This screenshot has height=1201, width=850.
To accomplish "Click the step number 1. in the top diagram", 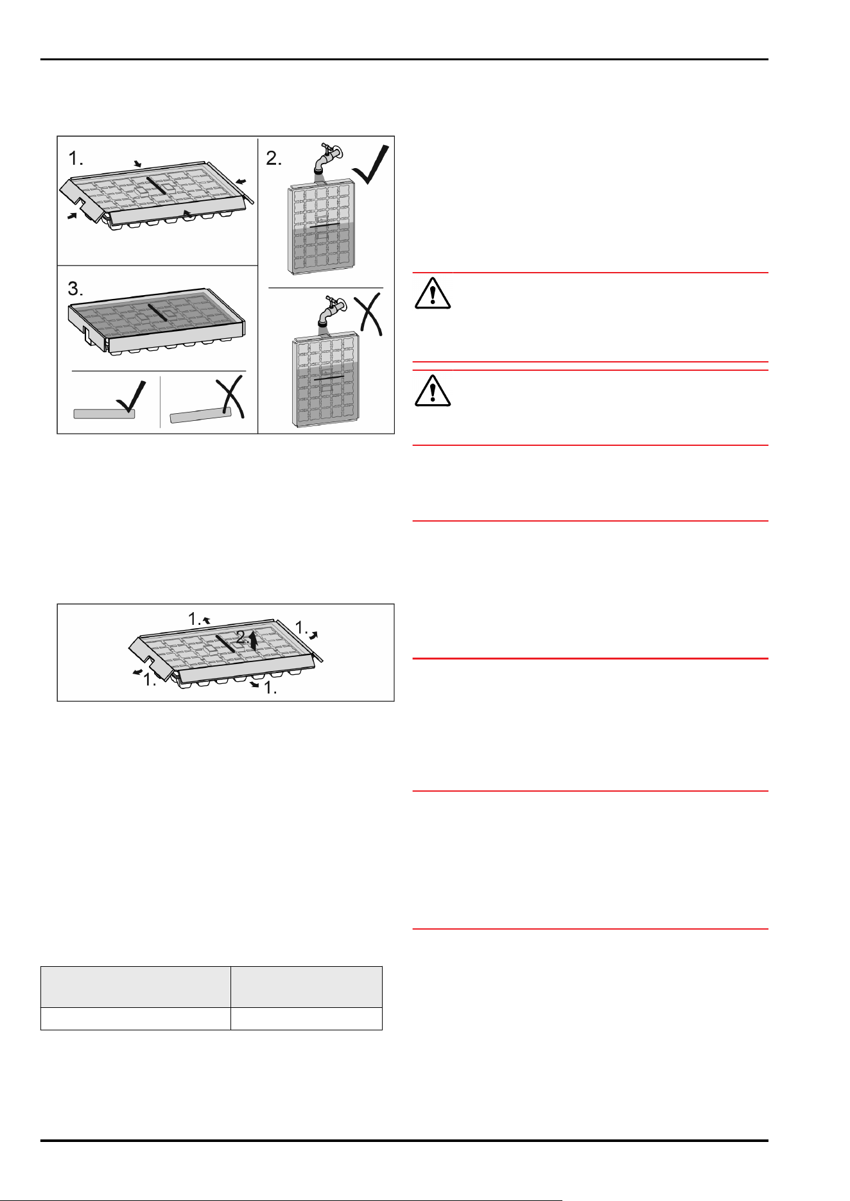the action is coord(76,158).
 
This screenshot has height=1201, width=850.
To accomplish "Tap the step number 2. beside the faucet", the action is coord(274,158).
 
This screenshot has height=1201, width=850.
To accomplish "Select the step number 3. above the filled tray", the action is coord(76,289).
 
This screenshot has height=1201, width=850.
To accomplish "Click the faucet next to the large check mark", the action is coord(327,157).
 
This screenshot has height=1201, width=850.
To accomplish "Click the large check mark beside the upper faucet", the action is coord(372,165).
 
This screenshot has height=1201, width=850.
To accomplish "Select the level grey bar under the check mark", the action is coord(104,414).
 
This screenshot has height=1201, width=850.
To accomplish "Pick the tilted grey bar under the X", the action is coord(200,416).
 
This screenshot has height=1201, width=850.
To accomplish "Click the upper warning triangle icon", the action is coord(433,293).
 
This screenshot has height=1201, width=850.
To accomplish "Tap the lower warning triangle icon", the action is coord(433,390).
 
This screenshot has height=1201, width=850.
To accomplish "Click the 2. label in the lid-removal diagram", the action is coord(243,638).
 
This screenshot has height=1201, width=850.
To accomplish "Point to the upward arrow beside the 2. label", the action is coord(254,640).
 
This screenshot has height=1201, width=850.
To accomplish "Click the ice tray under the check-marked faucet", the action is coord(320,228).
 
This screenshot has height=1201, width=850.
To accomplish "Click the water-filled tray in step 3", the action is coord(157,321).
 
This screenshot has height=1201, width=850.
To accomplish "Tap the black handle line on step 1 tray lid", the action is coord(157,185).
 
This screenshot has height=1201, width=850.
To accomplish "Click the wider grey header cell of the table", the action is coord(135,987).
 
